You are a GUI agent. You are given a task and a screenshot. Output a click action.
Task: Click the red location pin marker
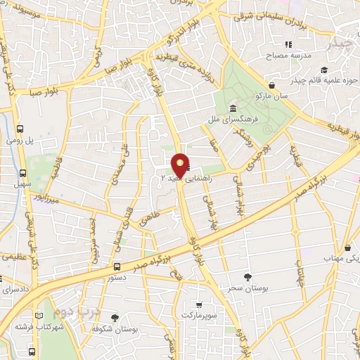pos(180,165)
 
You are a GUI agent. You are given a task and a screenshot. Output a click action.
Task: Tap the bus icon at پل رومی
pos(20,129)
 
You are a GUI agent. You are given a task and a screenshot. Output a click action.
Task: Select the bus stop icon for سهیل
pos(24,172)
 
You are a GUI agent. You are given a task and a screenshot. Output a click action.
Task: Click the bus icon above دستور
pos(117,266)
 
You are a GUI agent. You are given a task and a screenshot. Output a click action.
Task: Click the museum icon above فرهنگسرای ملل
pos(233,108)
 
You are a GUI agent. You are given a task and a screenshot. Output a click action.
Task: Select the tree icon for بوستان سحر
pos(247,277)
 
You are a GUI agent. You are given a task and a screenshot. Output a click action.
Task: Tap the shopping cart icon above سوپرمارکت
pos(199,305)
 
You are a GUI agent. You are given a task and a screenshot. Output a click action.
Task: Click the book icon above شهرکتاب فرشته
pos(39,315)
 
